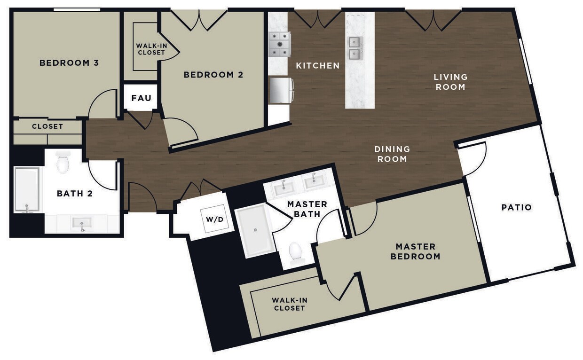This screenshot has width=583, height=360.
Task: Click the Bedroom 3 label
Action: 69,63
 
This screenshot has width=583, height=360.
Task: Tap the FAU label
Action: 141,98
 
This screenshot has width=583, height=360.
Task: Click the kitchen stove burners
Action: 279,45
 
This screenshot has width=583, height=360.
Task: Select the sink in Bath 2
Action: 82,223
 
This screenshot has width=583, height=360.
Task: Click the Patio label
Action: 516,207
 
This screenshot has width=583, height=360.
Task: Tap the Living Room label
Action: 450,82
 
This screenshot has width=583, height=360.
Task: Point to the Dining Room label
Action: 392,154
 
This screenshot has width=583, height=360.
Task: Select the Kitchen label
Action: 317,66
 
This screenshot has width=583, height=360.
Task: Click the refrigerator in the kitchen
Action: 281,90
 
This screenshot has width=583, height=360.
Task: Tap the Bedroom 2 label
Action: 213,75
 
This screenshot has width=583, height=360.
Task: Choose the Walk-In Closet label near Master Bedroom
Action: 289,304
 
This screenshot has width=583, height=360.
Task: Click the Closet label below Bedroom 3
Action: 47,126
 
